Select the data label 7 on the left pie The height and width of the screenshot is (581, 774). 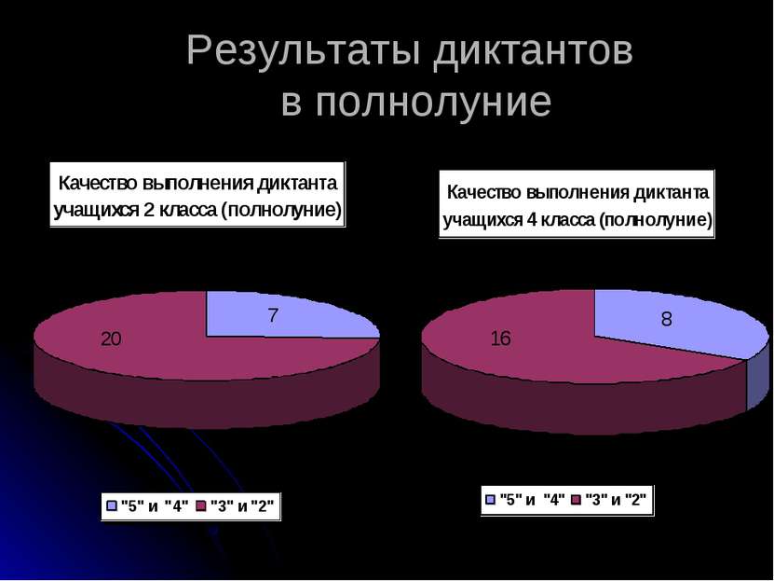[273, 316]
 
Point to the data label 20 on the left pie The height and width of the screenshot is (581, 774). [112, 340]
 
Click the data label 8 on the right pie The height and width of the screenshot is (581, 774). [667, 319]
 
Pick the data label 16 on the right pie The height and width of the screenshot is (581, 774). [500, 339]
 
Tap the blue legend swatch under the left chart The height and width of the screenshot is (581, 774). [113, 506]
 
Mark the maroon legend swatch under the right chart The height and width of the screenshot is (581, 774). [576, 499]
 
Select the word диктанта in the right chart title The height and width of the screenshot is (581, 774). [672, 193]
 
